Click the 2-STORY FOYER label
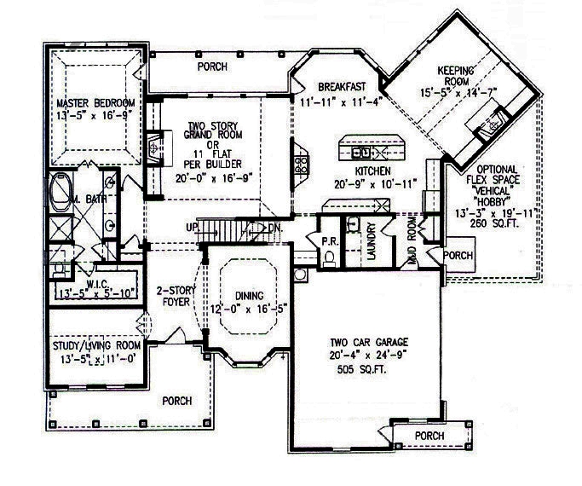pyautogui.click(x=176, y=296)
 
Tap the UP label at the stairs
pyautogui.click(x=191, y=228)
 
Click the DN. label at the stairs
pyautogui.click(x=275, y=228)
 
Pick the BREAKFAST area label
pyautogui.click(x=342, y=86)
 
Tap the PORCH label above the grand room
pyautogui.click(x=211, y=66)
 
